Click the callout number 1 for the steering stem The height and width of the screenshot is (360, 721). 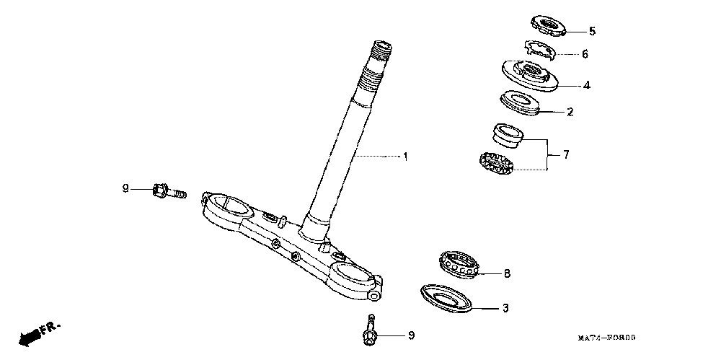click(x=405, y=157)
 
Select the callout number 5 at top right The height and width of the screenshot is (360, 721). click(x=592, y=31)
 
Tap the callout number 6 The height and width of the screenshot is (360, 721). click(x=585, y=54)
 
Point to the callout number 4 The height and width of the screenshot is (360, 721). click(x=587, y=85)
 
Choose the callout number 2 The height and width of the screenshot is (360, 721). click(x=570, y=112)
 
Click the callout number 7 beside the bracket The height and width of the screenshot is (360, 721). click(x=566, y=154)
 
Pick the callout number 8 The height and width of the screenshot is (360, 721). click(x=507, y=273)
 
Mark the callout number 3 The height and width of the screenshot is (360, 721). click(x=505, y=309)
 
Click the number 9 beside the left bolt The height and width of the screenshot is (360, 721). click(x=125, y=189)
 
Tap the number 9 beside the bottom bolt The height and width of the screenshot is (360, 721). click(x=411, y=335)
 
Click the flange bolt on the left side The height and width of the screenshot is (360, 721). click(x=167, y=192)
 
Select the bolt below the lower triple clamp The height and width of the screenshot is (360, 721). click(x=370, y=333)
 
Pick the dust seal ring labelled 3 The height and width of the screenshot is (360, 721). click(x=446, y=297)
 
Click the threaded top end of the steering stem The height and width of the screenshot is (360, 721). click(x=380, y=52)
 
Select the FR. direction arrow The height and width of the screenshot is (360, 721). click(x=37, y=333)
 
